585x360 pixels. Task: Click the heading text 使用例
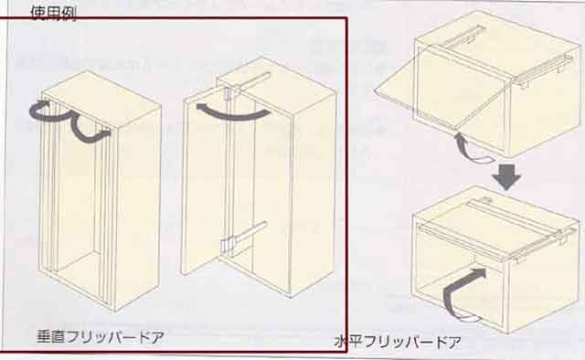tap(53, 13)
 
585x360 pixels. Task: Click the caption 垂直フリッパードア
tap(101, 337)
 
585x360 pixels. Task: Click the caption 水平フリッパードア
tap(398, 342)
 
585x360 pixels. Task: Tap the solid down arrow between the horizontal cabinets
tap(506, 177)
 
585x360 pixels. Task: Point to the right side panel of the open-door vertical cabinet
tap(313, 194)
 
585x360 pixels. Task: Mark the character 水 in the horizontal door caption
tap(341, 342)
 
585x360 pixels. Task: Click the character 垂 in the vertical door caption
tap(44, 337)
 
